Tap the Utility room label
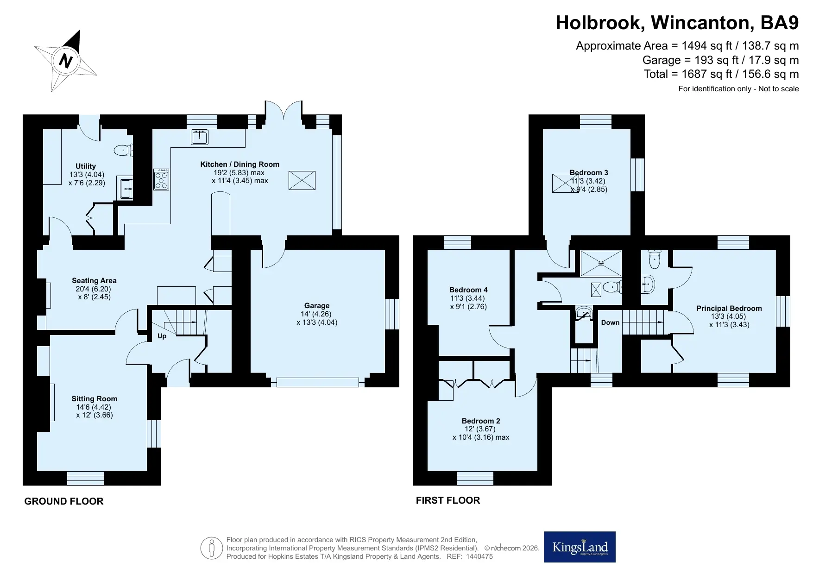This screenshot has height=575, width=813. point(86,166)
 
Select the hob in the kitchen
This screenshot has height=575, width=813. point(161,179)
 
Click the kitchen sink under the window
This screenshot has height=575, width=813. point(200,137)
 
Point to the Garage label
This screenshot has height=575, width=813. point(317,306)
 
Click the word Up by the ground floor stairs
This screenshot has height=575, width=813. point(162,336)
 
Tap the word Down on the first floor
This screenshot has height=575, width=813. point(610,322)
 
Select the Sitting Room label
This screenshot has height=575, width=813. point(95,399)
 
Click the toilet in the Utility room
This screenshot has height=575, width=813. point(123,150)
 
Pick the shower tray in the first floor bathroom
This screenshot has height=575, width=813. point(601,263)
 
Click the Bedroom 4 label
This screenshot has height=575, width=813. point(468,290)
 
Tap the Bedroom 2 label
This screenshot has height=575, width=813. point(481,421)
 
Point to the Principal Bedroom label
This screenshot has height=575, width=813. point(729,309)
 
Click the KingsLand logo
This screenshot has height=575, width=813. point(580,547)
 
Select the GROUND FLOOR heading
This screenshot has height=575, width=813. point(64,501)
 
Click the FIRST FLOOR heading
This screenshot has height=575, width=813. point(448,500)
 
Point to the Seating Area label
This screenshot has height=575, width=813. point(94,281)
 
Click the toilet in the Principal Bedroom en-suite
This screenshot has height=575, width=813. point(654,259)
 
